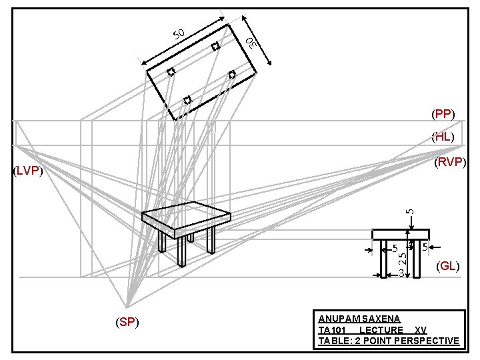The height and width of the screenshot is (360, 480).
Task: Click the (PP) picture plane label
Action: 443,115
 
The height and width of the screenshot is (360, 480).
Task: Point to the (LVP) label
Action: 28,172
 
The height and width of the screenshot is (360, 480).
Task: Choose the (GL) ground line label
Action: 447,267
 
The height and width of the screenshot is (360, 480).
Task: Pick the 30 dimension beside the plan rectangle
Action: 251,43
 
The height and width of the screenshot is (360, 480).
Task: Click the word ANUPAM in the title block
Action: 337,320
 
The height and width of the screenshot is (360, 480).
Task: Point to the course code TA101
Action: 333,330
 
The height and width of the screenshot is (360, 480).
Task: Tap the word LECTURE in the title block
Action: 381,330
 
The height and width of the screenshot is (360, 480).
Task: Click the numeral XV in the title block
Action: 420,330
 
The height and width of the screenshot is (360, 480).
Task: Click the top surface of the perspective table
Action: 186,214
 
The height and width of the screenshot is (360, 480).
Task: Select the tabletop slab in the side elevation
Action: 401,234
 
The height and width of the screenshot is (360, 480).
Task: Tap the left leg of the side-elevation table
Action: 383,258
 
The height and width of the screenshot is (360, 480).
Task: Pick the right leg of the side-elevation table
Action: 417,258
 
